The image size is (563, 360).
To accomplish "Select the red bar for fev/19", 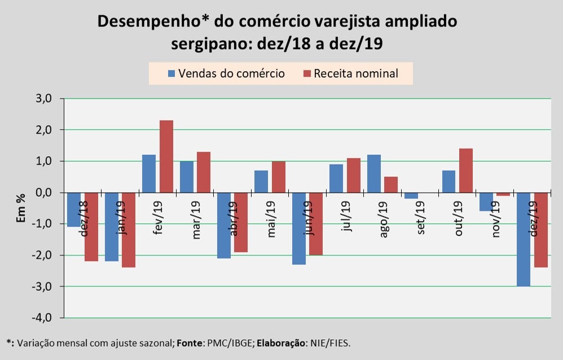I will coord(166,156).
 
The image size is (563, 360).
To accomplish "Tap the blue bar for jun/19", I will coord(299,229).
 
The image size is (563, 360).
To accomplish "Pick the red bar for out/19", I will coord(466,170).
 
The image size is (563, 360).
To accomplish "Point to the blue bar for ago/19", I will coord(374,173).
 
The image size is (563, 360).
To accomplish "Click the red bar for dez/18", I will coord(92,227).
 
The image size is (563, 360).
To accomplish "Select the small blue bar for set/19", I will coord(411,196).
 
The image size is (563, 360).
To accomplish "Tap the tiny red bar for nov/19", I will coord(504,194).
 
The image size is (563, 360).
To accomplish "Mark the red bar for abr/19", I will coord(241,222).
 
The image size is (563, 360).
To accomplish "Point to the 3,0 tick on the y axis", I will coord(44,99).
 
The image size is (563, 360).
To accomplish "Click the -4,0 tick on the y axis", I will coord(43,318).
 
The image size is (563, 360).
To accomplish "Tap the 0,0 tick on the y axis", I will coord(44,192).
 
